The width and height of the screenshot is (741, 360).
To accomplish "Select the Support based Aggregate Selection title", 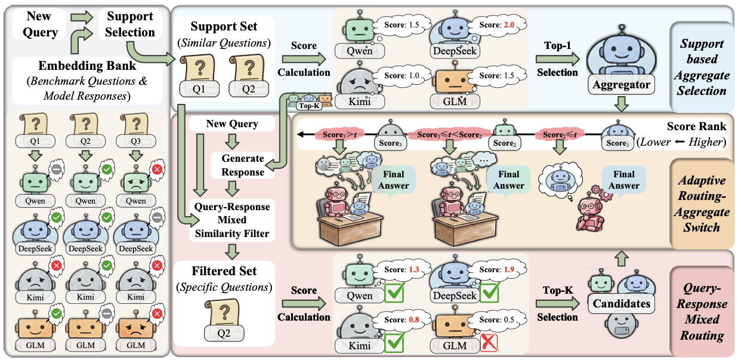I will (702, 67).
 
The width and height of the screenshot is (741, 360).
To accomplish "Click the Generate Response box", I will (242, 165).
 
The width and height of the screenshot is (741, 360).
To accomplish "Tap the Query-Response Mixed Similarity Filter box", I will (231, 220).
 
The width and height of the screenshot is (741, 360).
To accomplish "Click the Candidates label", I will (620, 304).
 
